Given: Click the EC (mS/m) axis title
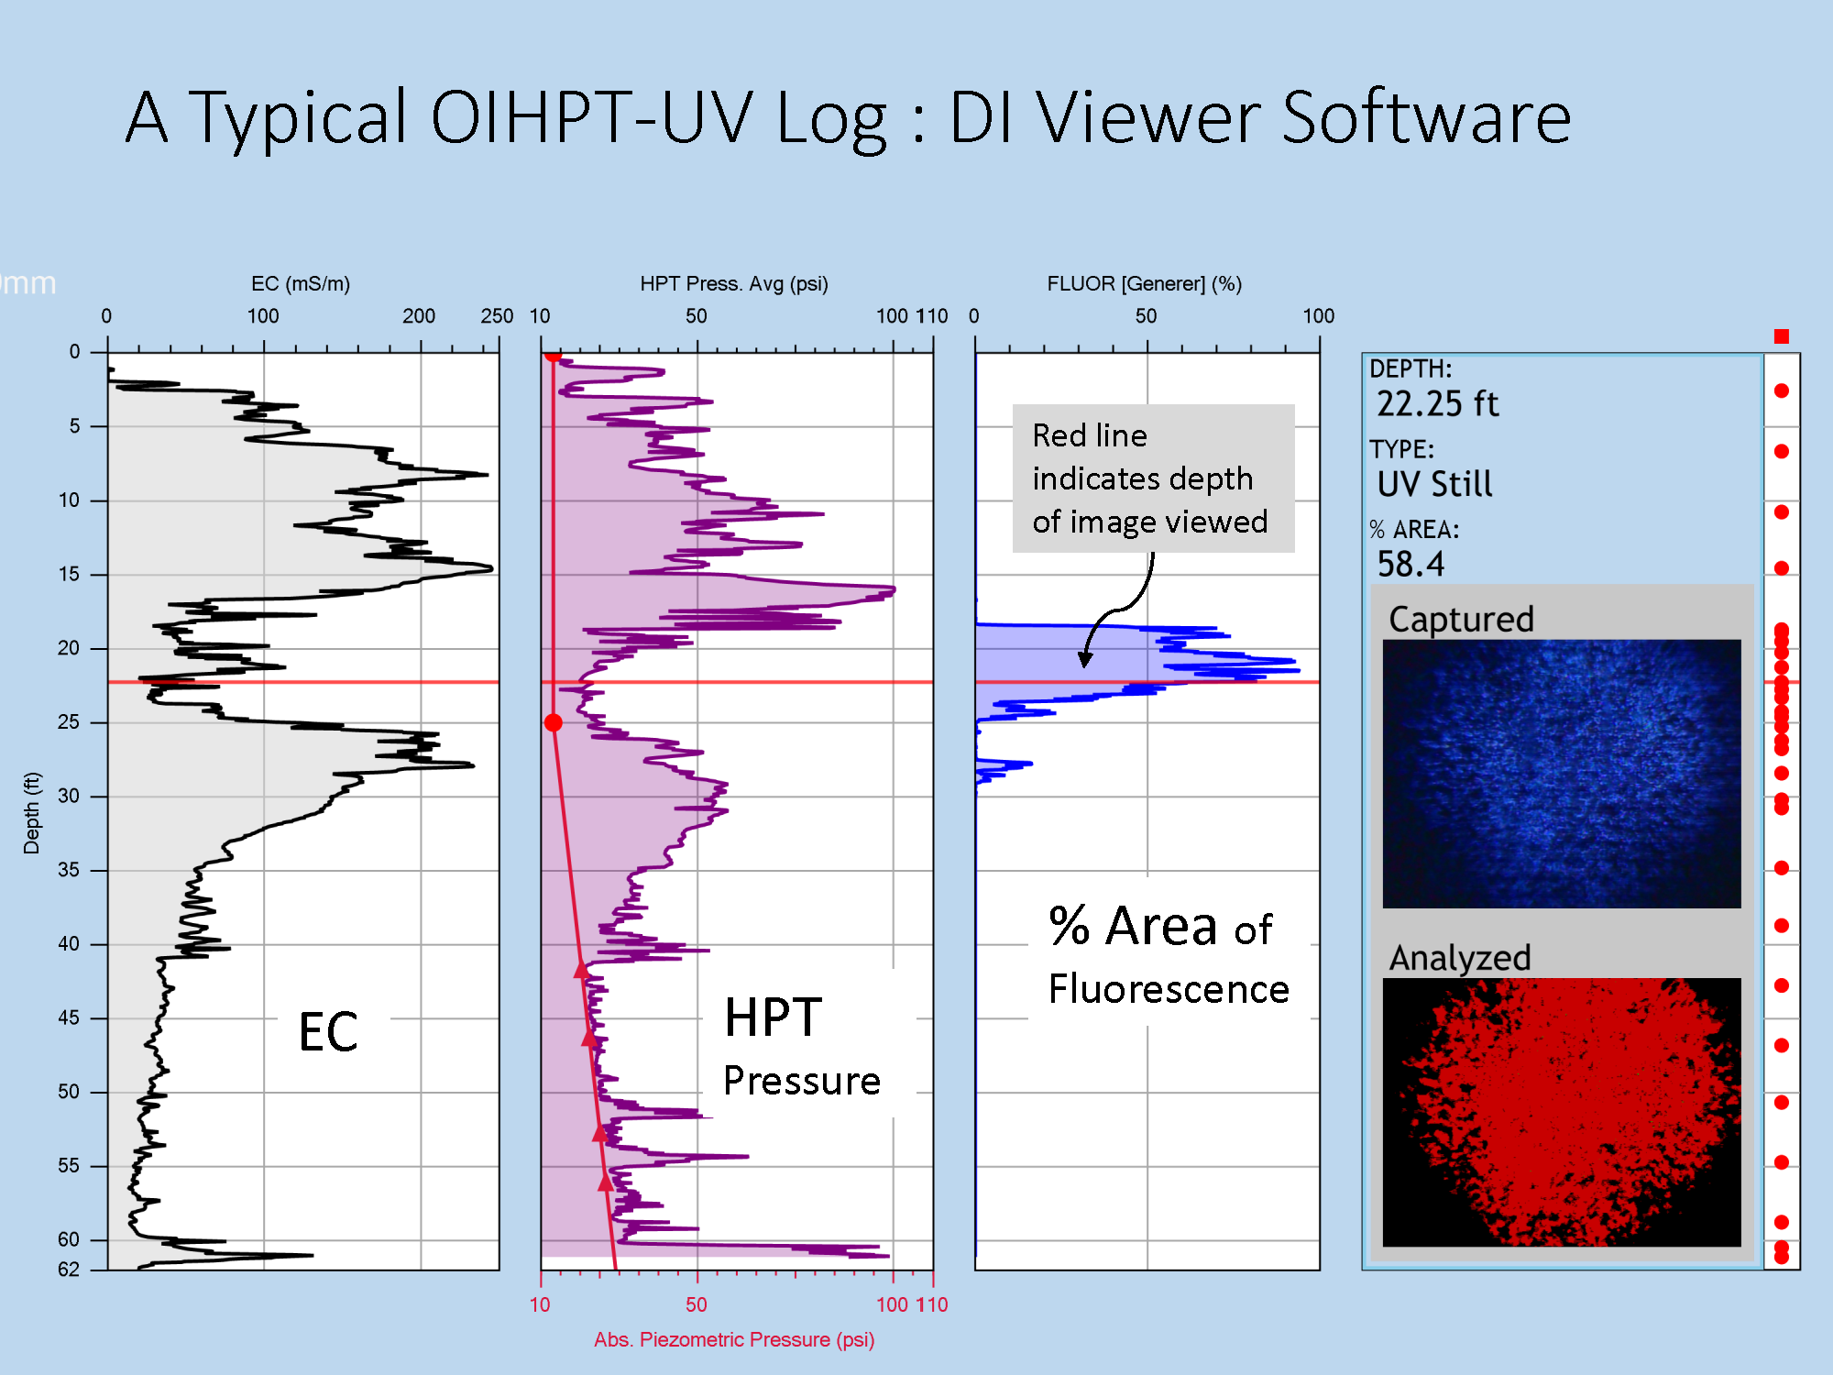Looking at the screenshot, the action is point(301,284).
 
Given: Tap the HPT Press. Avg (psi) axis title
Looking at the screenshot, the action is point(734,284).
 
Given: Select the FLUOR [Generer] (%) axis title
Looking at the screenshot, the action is point(1145,284).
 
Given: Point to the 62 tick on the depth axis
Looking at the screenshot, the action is point(69,1270).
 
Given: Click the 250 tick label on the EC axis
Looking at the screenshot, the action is point(497,316).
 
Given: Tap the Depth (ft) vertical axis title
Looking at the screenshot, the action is point(32,813).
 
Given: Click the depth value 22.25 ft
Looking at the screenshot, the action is point(1437,404).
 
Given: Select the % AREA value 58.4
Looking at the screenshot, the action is point(1410,565).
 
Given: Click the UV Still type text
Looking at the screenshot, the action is point(1434,484).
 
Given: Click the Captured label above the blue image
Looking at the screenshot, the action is point(1461,620).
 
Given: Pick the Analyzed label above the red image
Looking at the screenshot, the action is point(1460,959).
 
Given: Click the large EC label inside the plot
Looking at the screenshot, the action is point(328,1032).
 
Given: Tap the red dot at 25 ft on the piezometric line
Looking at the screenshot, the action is point(553,723).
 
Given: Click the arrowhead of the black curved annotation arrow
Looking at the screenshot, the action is point(1085,659).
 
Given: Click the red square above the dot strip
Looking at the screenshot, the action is point(1782,336).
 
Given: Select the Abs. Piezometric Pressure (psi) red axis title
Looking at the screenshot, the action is point(734,1340).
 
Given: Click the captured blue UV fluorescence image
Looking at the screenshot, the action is point(1562,774).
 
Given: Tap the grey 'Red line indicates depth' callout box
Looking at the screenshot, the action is point(1153,478).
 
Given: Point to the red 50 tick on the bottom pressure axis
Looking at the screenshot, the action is point(697,1305).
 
